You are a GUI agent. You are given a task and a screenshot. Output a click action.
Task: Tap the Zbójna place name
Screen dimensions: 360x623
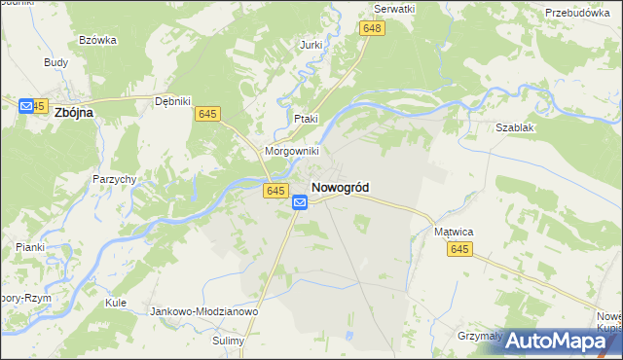[x=74, y=112]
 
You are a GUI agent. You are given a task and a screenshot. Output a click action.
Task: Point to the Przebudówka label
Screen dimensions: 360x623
[x=583, y=13]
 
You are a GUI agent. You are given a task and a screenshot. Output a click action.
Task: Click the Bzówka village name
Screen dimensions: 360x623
[x=97, y=40]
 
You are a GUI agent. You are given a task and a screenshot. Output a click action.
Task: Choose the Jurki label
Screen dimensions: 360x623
[x=311, y=45]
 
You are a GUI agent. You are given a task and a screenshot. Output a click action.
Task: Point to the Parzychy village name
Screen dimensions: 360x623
[x=114, y=179]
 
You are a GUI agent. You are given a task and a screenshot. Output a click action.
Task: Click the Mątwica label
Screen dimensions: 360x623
[x=453, y=233]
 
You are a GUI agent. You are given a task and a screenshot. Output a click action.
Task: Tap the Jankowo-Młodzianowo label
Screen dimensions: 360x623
[x=203, y=311]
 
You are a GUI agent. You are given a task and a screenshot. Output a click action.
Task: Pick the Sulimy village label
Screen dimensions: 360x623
[x=230, y=342]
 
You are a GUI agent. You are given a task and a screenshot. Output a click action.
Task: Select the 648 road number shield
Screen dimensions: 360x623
[x=372, y=29]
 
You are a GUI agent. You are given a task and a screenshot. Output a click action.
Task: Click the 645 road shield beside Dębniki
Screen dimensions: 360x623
[x=206, y=115]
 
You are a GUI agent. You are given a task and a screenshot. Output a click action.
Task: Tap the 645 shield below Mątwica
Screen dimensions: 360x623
[x=460, y=250]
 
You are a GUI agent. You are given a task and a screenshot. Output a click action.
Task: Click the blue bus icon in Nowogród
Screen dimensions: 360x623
[x=301, y=202]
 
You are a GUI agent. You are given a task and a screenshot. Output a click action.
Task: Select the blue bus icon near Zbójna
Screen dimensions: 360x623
[x=25, y=105]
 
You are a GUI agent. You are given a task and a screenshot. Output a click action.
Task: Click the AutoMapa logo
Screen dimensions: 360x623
[x=558, y=341]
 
